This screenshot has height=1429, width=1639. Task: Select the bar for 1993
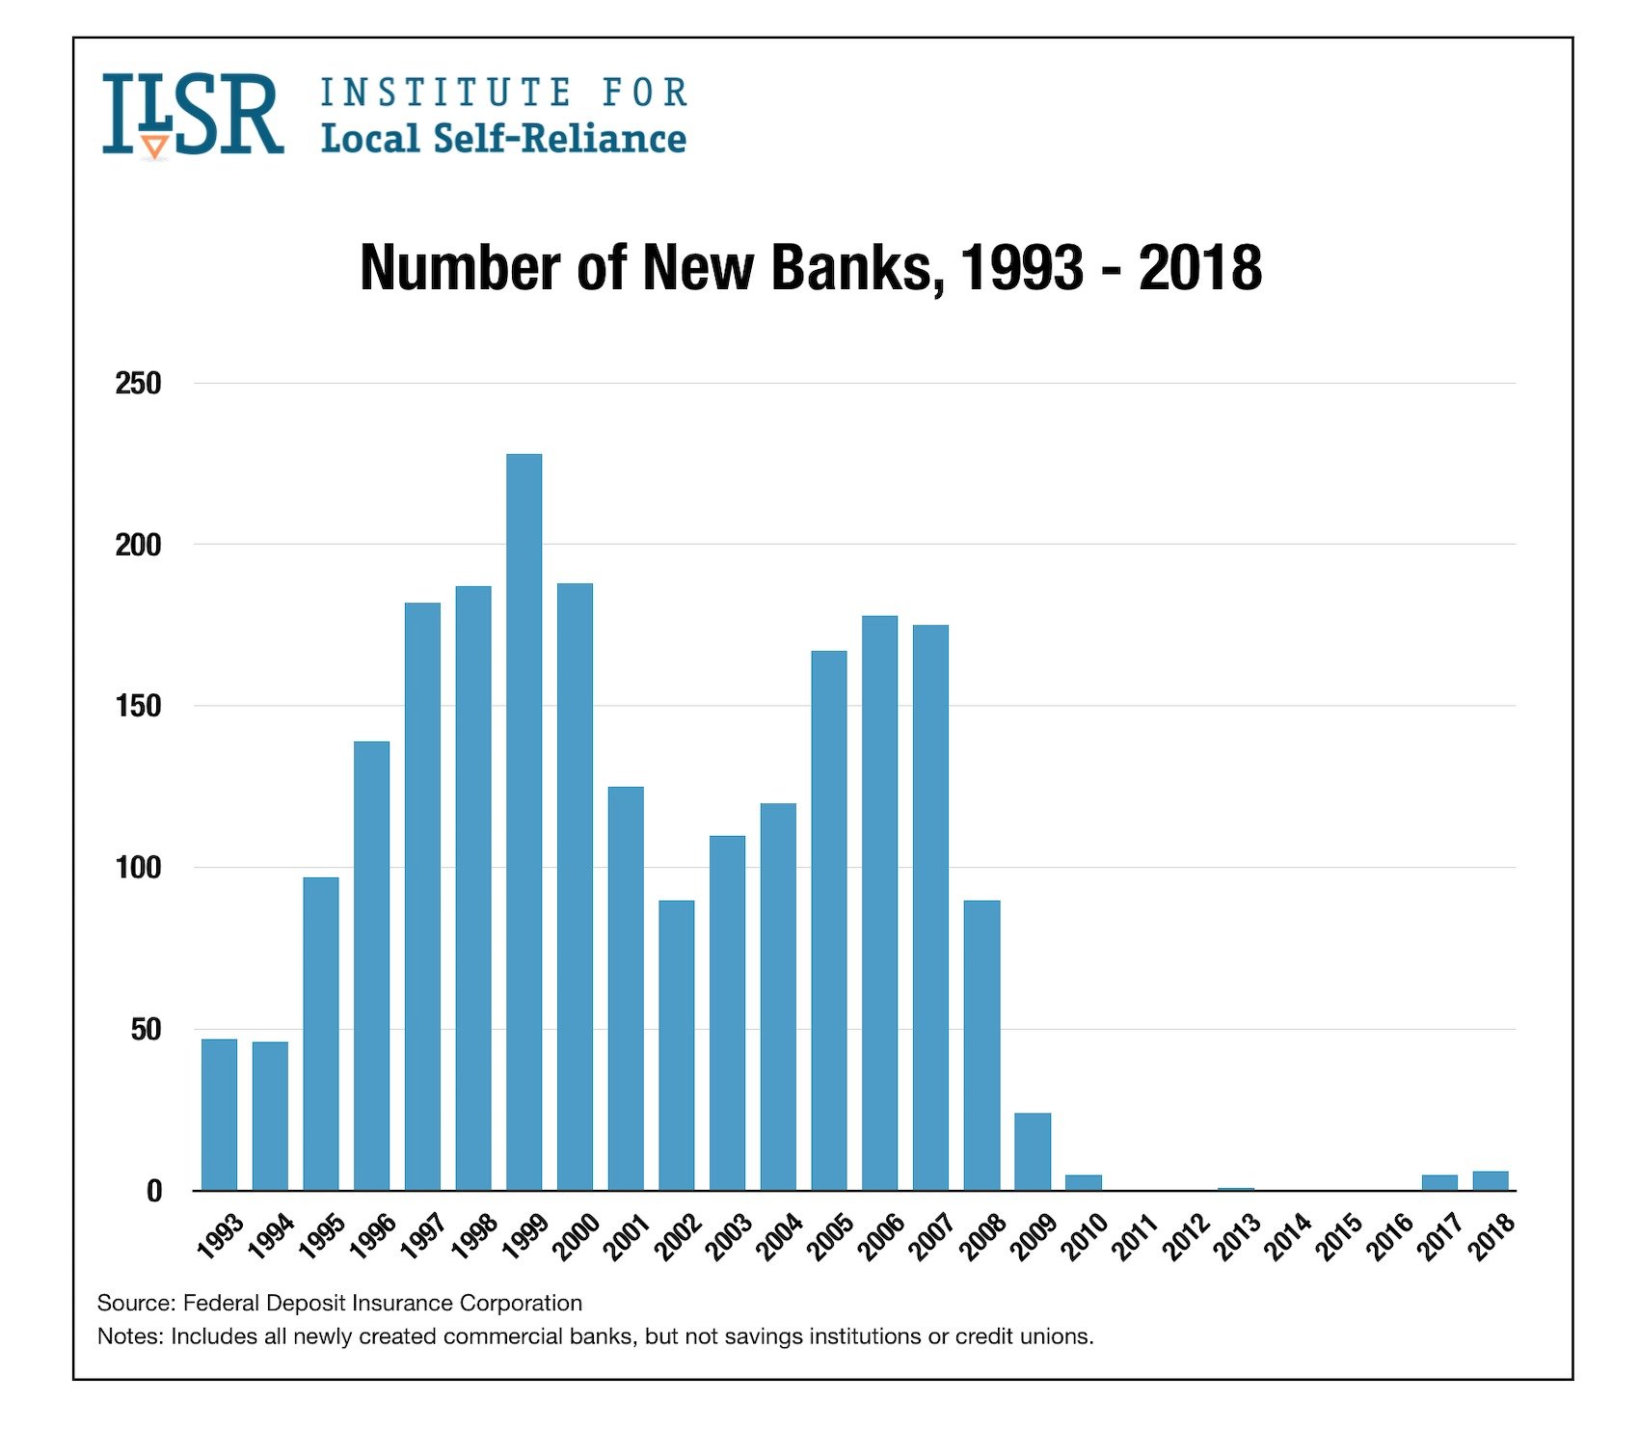pos(219,1114)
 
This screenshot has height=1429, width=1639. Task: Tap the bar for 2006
pos(879,903)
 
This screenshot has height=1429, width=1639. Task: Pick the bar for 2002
pos(676,1045)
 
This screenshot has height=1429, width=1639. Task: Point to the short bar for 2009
pos(1033,1151)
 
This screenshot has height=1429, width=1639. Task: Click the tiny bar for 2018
pos(1491,1181)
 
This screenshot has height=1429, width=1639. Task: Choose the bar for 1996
pos(371,965)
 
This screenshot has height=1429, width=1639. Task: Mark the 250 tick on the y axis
pos(138,384)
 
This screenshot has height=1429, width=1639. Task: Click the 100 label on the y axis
pos(138,868)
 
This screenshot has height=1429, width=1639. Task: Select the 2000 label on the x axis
pos(576,1238)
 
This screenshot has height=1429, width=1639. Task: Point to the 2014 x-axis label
pos(1288,1238)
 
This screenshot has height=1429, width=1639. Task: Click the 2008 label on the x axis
pos(982,1238)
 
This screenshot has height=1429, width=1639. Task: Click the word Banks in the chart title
pos(851,267)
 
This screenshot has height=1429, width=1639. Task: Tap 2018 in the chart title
pos(1199,267)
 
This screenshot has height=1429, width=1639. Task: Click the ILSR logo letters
pos(193,114)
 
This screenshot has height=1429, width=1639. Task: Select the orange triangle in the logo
pos(154,147)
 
